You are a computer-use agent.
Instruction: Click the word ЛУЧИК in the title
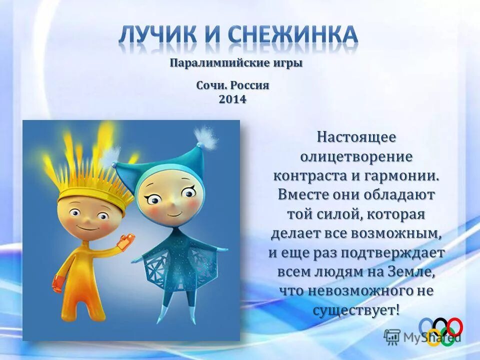tap(161, 35)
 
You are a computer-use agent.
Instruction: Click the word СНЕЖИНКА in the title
tap(294, 35)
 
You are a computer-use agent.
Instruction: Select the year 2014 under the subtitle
tap(232, 99)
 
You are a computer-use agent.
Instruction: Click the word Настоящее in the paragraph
tap(356, 136)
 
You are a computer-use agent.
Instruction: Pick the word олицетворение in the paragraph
tap(356, 156)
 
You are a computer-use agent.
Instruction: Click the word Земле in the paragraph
tap(415, 272)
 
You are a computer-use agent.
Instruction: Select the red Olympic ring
tap(454, 327)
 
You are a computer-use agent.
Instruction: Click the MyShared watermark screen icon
tap(392, 337)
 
